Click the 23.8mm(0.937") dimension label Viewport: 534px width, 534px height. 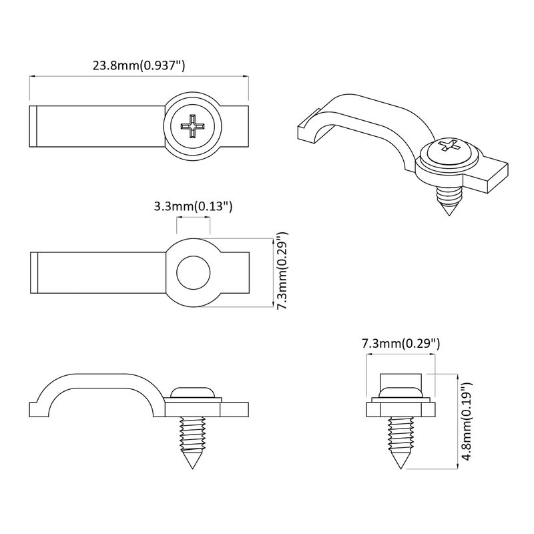(x=138, y=65)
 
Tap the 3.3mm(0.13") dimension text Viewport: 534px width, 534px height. (x=193, y=207)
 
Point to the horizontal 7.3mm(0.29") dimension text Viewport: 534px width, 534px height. (x=400, y=344)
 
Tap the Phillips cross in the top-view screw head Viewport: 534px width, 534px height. (x=192, y=125)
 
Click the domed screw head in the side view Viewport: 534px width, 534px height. (x=192, y=392)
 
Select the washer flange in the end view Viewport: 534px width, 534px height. (x=400, y=407)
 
